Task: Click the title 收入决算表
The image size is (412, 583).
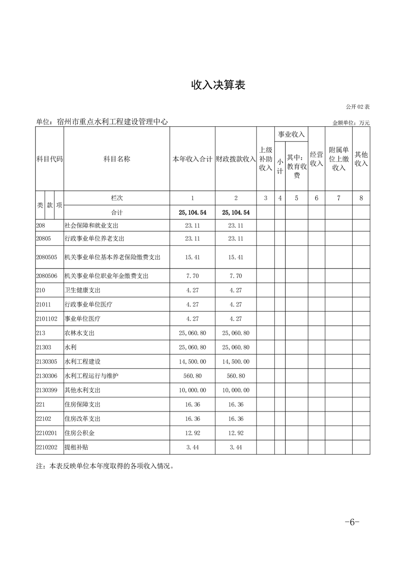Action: [218, 86]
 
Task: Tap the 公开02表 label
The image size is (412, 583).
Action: [358, 107]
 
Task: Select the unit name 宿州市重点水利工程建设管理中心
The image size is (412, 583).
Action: [102, 122]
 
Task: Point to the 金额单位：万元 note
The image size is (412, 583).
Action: [351, 123]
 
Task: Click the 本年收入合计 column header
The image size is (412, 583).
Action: [192, 160]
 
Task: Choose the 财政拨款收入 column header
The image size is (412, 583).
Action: [236, 160]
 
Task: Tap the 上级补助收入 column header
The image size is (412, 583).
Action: [265, 159]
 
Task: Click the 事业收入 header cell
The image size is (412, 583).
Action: [291, 135]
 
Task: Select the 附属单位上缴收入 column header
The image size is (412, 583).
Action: [339, 159]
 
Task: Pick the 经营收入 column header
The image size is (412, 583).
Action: [316, 159]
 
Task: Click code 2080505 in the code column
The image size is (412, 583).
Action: [47, 257]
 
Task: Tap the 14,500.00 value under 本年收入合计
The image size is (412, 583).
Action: [192, 362]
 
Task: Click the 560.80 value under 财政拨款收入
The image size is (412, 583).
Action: [236, 376]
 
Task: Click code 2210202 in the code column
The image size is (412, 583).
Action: [47, 447]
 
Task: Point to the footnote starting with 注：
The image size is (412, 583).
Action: [104, 466]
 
